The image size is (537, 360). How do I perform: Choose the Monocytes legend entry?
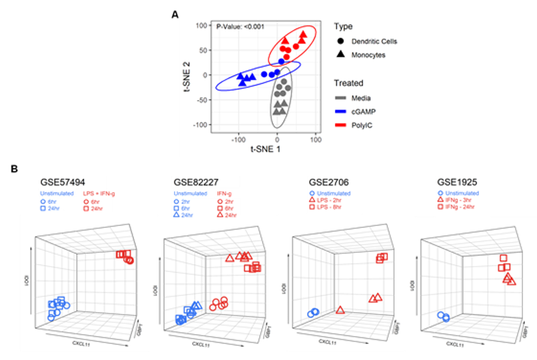click(x=368, y=55)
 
